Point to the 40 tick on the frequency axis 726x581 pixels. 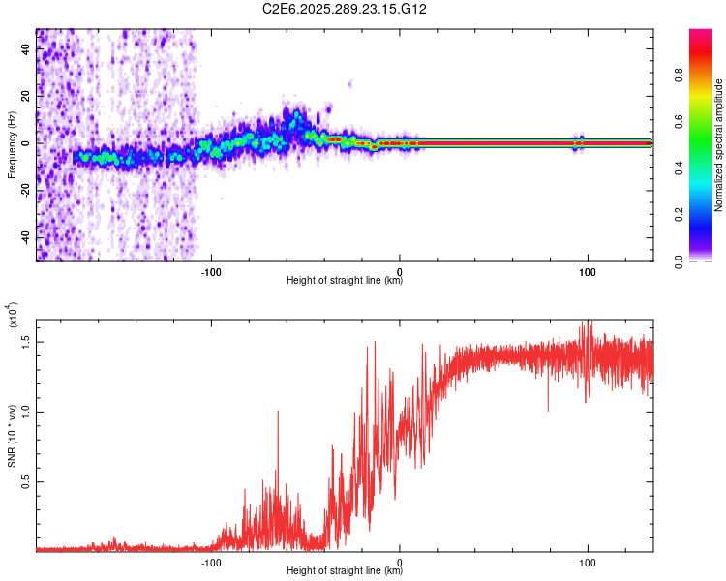coord(27,47)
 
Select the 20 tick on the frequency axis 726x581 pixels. coord(27,95)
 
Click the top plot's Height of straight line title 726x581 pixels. coord(345,281)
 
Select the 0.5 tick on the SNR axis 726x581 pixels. coord(27,481)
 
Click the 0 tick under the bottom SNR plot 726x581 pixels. coord(400,561)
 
